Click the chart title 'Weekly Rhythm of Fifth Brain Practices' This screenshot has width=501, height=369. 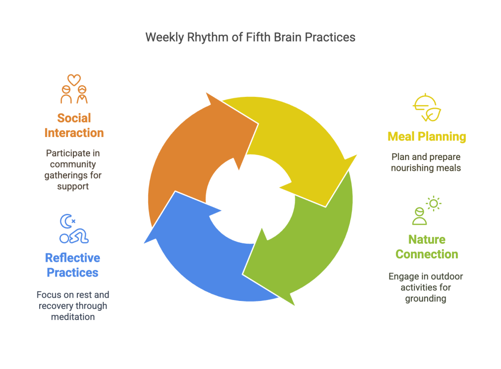point(250,38)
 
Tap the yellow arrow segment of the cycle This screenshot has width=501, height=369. point(294,142)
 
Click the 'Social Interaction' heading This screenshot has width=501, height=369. point(74,125)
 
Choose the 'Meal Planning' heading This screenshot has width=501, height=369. point(427,136)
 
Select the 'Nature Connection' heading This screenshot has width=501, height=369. point(427,247)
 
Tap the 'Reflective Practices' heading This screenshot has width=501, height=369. point(72,265)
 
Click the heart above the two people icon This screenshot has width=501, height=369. point(74,79)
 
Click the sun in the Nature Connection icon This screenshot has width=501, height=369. point(433,203)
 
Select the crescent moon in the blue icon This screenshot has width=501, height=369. point(65,222)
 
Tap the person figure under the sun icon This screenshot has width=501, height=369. point(419,216)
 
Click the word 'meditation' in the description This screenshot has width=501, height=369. point(72,317)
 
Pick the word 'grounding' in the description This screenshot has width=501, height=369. point(426,298)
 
